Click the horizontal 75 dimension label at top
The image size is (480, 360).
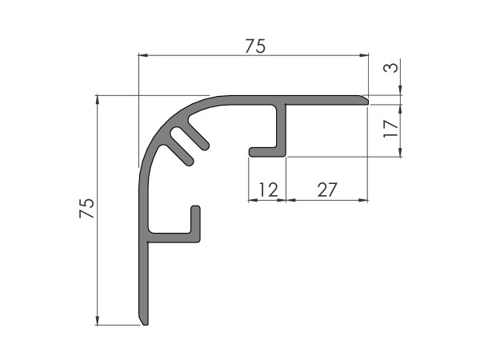255,46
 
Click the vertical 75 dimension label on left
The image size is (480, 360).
86,208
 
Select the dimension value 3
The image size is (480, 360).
391,68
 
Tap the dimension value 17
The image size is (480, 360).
391,129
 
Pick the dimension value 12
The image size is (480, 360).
269,190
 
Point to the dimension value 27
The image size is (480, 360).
327,190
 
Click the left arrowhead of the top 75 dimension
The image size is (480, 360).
143,55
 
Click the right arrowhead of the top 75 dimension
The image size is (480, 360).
364,55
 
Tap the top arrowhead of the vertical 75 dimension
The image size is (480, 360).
98,100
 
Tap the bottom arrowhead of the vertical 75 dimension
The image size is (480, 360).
98,320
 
